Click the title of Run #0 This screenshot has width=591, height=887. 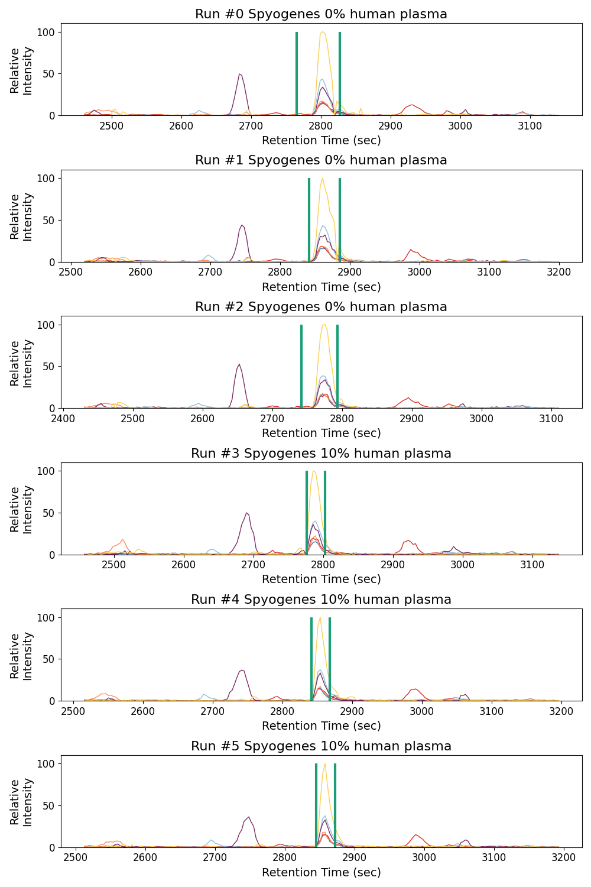click(x=321, y=14)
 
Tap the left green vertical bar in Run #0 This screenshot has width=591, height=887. click(x=297, y=73)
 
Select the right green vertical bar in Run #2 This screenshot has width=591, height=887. click(x=337, y=366)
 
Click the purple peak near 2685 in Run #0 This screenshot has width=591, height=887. click(x=239, y=75)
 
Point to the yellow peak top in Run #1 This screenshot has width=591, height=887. click(x=322, y=179)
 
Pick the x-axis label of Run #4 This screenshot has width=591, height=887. click(x=321, y=726)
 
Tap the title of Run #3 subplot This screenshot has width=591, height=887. click(x=321, y=454)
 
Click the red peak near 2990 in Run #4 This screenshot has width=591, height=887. click(x=416, y=689)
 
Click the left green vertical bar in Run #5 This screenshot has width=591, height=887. click(x=316, y=805)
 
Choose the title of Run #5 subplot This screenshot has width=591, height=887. click(x=321, y=746)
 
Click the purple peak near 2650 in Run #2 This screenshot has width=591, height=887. click(x=239, y=365)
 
